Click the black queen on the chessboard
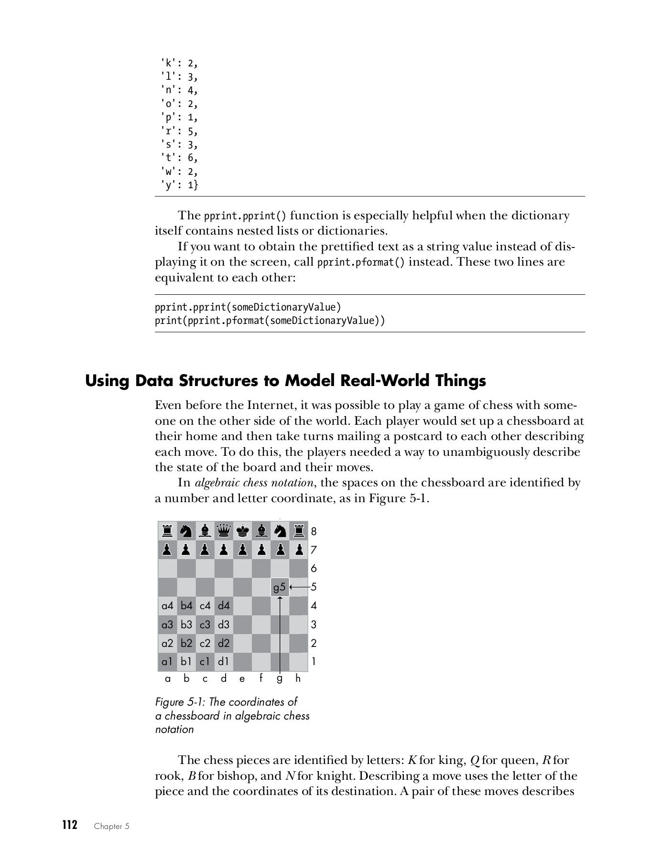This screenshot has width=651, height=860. click(x=224, y=530)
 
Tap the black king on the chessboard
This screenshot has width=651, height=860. click(x=243, y=530)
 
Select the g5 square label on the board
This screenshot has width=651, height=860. click(x=280, y=587)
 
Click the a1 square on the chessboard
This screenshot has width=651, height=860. click(x=167, y=662)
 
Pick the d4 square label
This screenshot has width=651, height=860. click(x=224, y=606)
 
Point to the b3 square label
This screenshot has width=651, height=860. click(x=186, y=624)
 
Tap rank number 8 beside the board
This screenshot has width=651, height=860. click(x=314, y=531)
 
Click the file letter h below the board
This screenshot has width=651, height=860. click(x=298, y=678)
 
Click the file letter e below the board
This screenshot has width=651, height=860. click(x=242, y=678)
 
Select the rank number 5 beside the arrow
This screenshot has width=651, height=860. click(x=314, y=587)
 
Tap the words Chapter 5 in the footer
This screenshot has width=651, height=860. click(x=112, y=826)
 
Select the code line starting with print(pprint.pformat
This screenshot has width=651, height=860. click(x=270, y=320)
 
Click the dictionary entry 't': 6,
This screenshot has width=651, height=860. click(x=179, y=158)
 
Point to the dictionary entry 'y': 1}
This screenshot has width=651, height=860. click(x=179, y=184)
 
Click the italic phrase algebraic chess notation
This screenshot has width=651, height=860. click(x=254, y=483)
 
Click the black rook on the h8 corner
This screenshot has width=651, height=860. click(x=299, y=530)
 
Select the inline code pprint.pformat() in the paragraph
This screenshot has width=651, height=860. click(x=361, y=262)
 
